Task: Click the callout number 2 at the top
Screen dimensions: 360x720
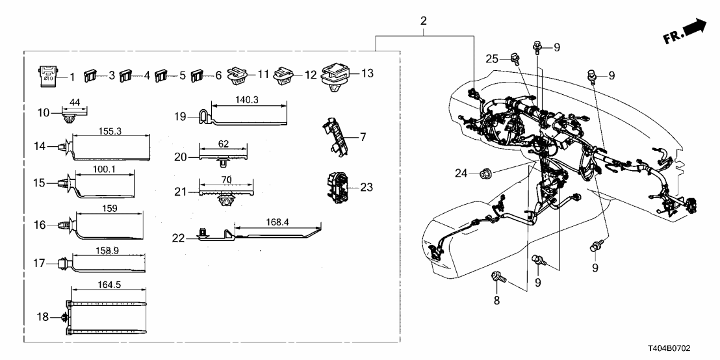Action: click(423, 21)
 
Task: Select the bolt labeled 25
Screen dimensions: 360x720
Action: click(515, 58)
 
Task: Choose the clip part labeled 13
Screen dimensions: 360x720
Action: click(337, 74)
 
